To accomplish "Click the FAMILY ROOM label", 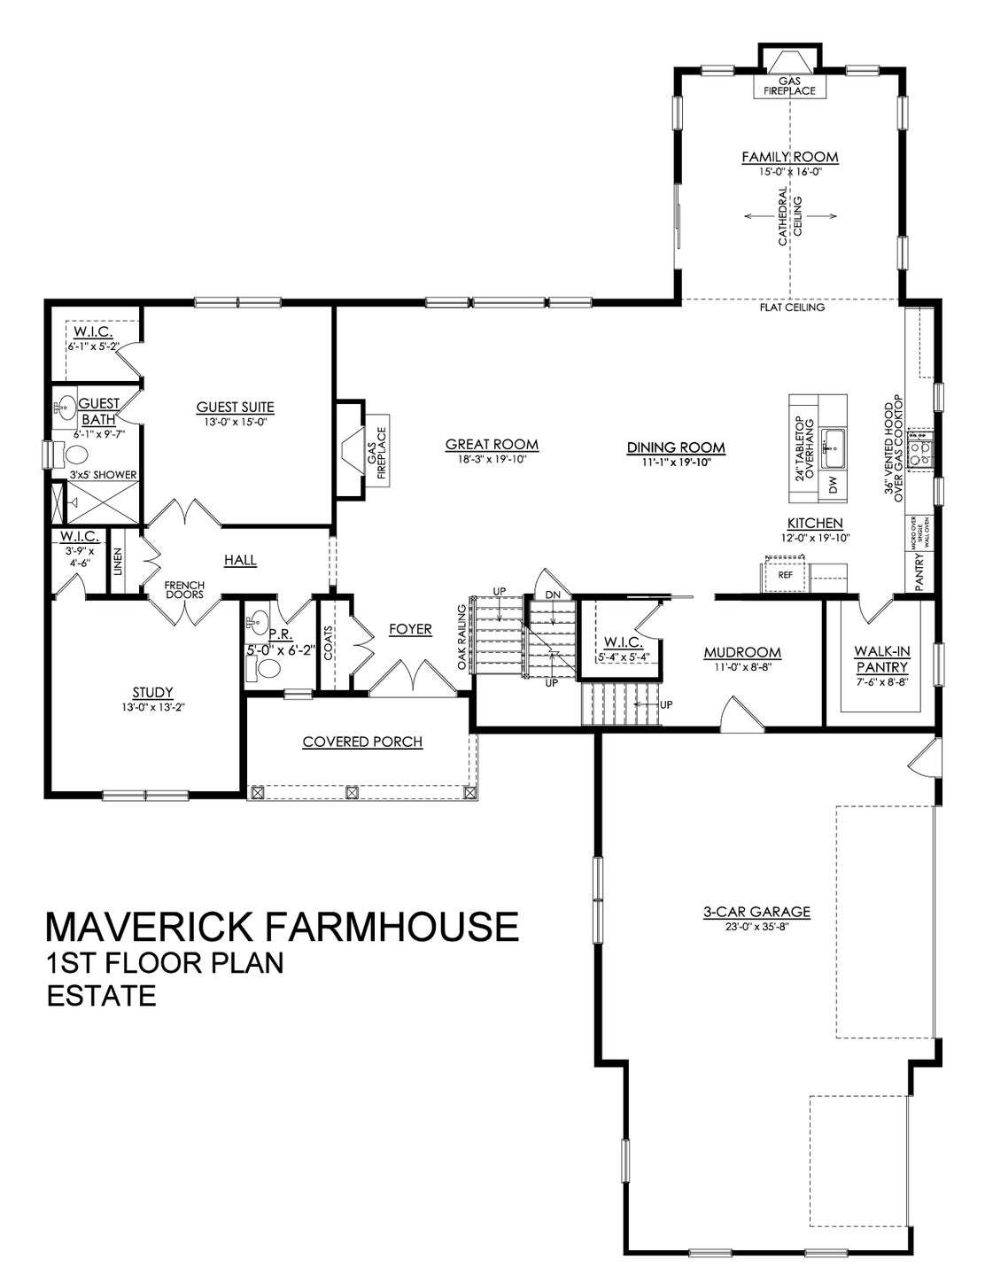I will (x=789, y=158).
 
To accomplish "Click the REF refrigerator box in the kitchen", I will (x=785, y=575).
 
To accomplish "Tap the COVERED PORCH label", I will (x=362, y=741).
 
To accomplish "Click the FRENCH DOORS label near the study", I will (x=184, y=590).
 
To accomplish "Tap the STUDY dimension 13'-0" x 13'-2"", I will (x=148, y=707).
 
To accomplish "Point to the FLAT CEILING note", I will (x=791, y=308).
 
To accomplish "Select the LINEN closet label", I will (x=118, y=563).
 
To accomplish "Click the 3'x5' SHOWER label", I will (x=103, y=475).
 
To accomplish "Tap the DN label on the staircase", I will (x=553, y=594).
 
